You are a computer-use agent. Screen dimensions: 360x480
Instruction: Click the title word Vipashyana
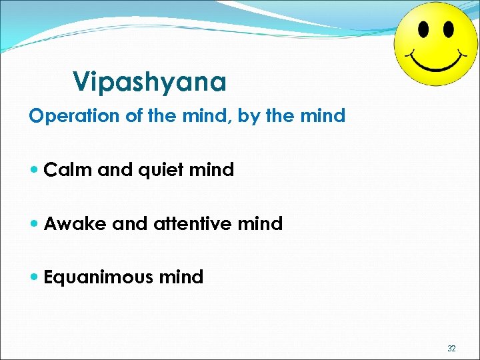pos(149,82)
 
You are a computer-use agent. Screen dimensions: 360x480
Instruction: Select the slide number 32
pos(451,348)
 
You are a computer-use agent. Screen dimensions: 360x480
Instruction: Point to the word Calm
pos(69,170)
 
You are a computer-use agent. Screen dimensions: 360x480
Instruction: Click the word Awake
pos(76,223)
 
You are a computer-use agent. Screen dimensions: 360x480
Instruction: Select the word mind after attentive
pos(259,223)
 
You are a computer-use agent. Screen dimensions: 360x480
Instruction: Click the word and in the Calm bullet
pos(113,170)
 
